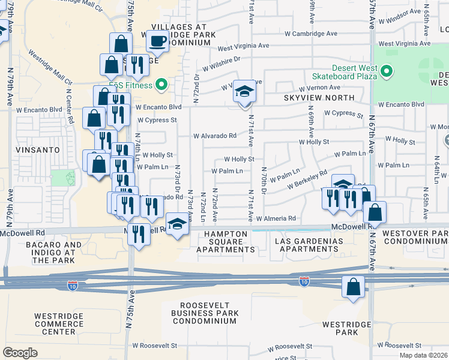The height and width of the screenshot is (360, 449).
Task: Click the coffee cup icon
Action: (x=158, y=41)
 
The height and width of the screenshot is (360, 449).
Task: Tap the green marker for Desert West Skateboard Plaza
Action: (x=387, y=72)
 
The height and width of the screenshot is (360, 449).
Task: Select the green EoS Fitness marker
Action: (x=160, y=85)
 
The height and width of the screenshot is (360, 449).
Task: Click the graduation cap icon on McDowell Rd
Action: (x=176, y=224)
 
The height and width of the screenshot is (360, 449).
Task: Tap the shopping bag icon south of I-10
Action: (x=354, y=287)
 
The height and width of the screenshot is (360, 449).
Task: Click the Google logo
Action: (x=20, y=352)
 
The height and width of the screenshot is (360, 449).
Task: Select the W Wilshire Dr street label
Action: (x=221, y=63)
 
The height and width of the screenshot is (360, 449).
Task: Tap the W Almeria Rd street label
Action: (x=276, y=219)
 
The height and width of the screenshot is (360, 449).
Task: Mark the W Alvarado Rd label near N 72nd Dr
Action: (x=214, y=136)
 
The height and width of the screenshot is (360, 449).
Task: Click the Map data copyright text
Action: (x=423, y=355)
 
